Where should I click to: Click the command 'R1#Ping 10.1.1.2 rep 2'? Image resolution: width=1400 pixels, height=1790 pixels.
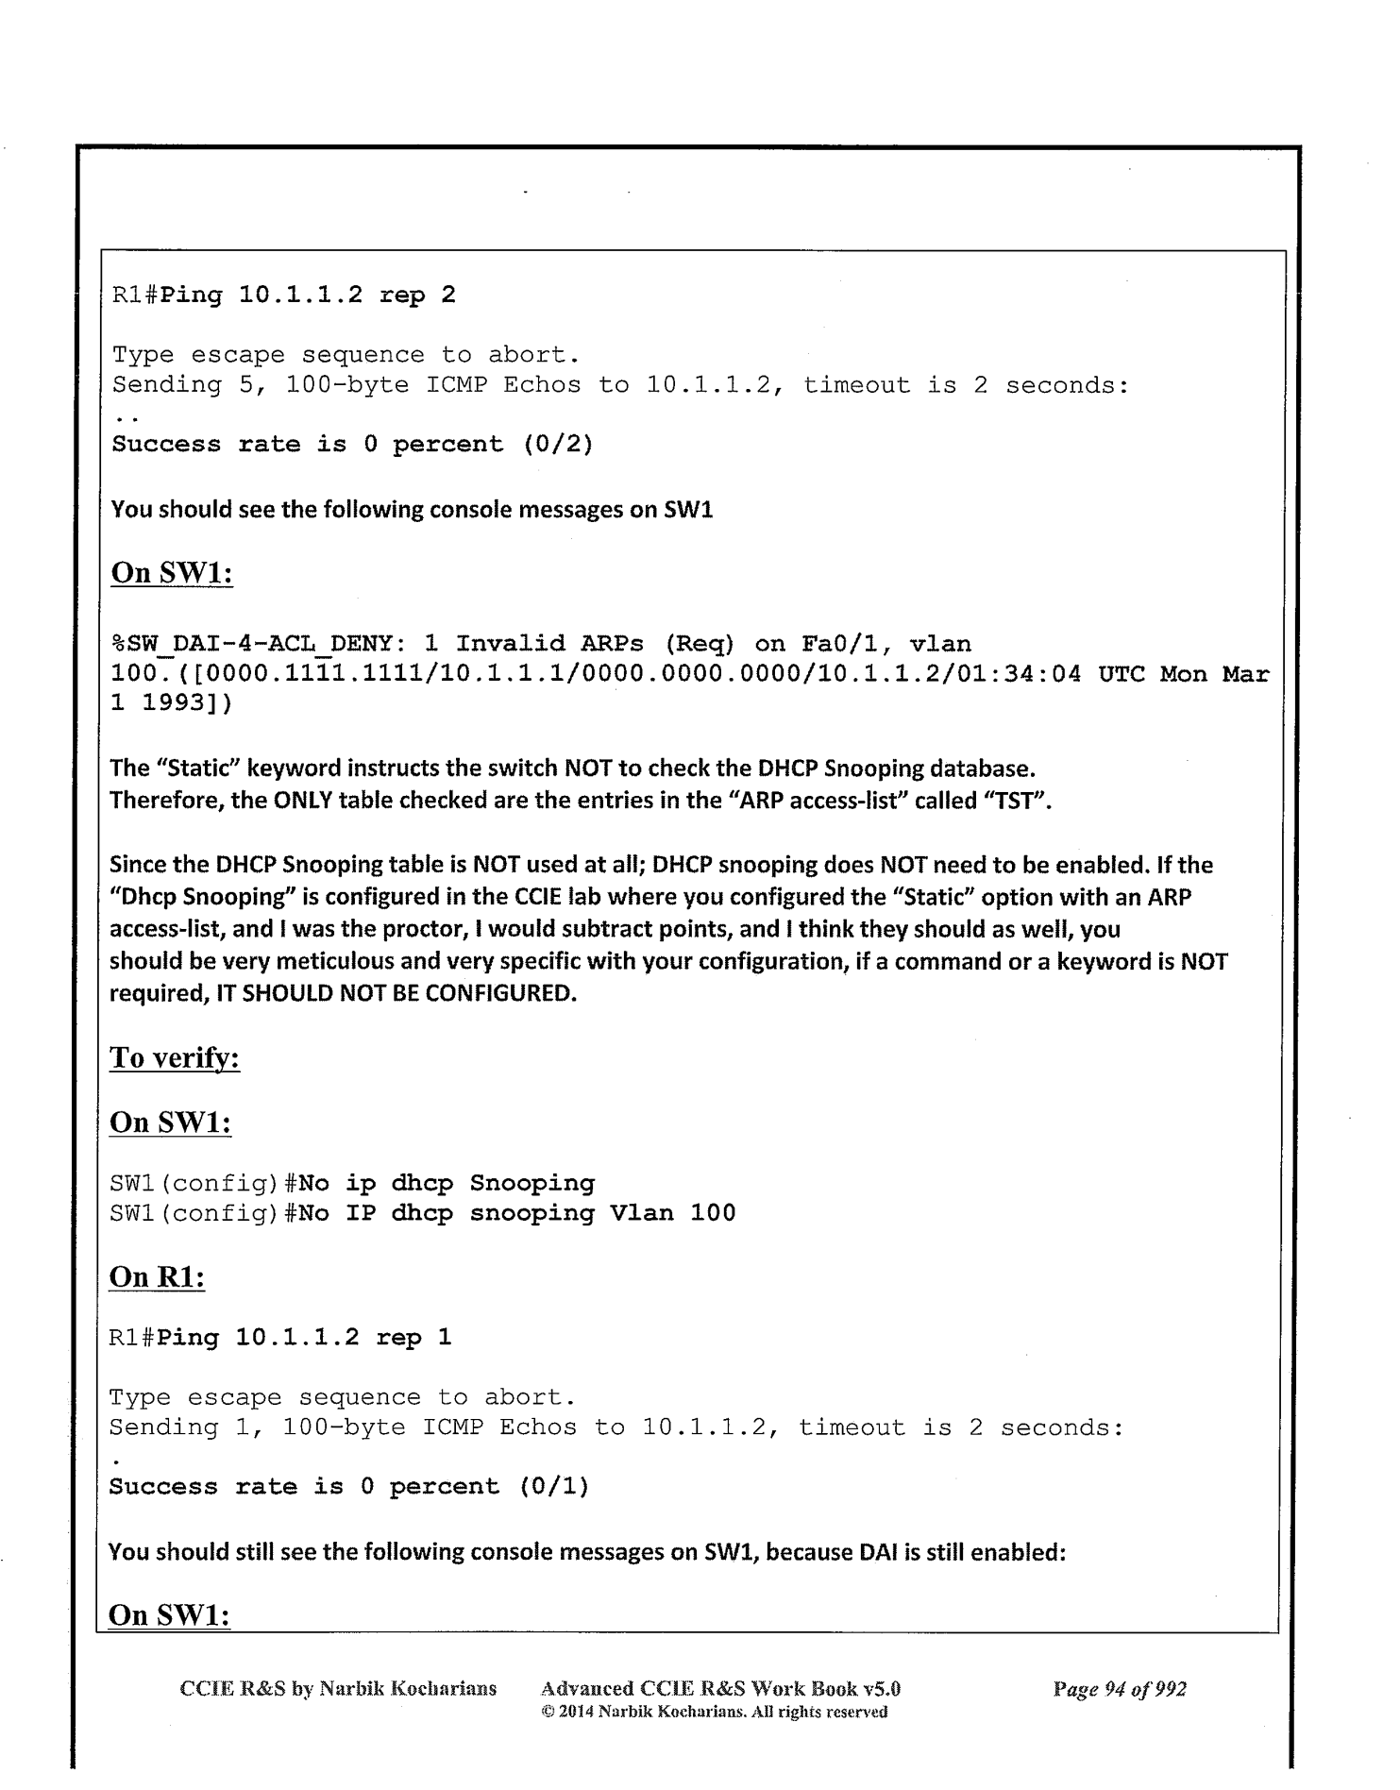pyautogui.click(x=283, y=296)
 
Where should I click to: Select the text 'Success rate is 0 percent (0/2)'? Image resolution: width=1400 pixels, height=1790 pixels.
pyautogui.click(x=352, y=444)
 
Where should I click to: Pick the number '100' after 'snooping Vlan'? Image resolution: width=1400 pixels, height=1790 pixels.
pyautogui.click(x=713, y=1213)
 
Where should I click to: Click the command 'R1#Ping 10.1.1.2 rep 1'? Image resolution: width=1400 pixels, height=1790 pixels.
pyautogui.click(x=280, y=1338)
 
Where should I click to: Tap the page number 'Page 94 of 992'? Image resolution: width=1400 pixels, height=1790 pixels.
pyautogui.click(x=1119, y=1689)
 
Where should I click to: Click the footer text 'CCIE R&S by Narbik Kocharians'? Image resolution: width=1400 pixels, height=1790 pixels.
pyautogui.click(x=338, y=1689)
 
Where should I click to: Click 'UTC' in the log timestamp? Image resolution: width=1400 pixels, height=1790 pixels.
pyautogui.click(x=1121, y=675)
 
